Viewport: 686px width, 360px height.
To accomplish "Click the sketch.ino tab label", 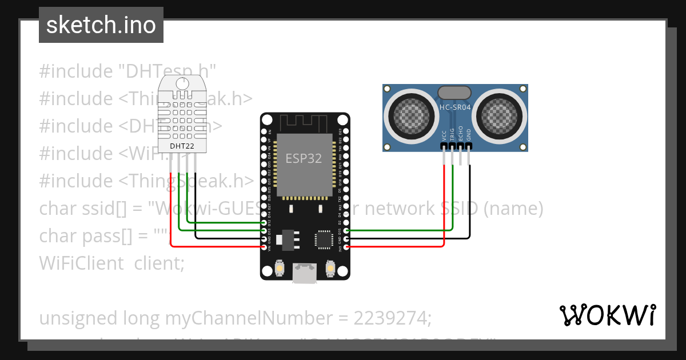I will [x=101, y=25].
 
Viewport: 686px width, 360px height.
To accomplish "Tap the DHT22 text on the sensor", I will [x=182, y=146].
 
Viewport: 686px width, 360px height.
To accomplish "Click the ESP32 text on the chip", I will [x=304, y=158].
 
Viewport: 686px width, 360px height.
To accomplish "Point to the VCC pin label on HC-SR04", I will [x=444, y=135].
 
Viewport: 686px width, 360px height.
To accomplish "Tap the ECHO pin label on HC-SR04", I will [x=461, y=134].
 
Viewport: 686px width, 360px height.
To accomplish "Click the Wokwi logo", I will [x=607, y=315].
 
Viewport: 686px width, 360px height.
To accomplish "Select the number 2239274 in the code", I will [x=392, y=318].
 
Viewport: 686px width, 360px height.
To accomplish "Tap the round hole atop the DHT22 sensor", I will [x=182, y=84].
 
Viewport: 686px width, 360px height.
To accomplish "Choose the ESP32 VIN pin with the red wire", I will [x=264, y=247].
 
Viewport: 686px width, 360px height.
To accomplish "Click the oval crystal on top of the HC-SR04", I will [x=454, y=92].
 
